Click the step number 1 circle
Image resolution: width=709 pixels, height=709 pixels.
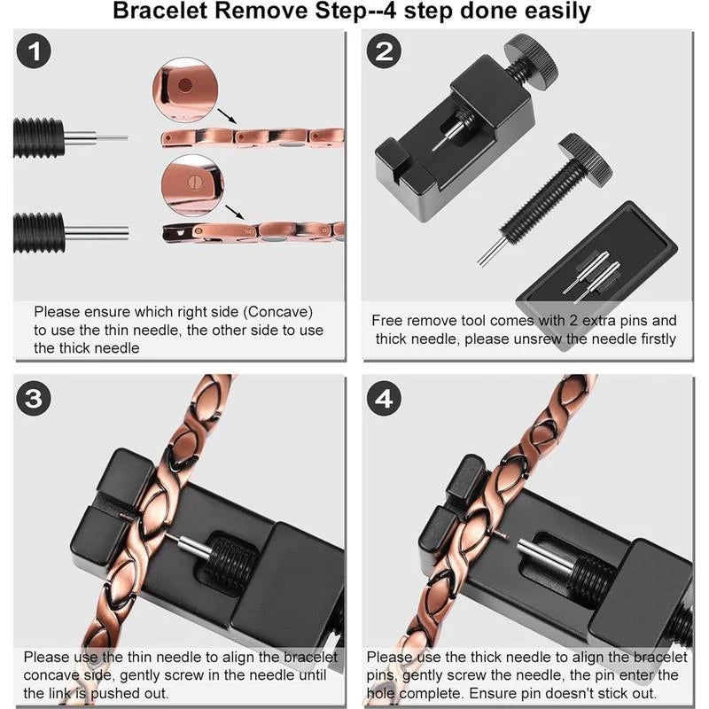pos(34,52)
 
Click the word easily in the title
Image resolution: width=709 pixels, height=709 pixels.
pos(553,12)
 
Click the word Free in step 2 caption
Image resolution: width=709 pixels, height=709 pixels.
pos(387,321)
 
